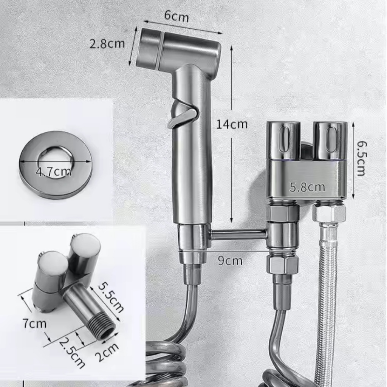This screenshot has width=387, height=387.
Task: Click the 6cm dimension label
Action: click(x=176, y=16)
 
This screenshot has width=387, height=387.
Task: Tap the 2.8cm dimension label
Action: click(x=107, y=44)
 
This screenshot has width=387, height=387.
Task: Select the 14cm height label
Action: click(x=232, y=124)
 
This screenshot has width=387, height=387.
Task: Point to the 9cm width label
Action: click(x=230, y=261)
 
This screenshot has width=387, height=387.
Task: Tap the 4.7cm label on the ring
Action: click(x=54, y=172)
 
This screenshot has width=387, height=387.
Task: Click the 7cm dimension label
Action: click(x=34, y=324)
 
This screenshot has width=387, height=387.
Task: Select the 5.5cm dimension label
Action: click(x=111, y=298)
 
